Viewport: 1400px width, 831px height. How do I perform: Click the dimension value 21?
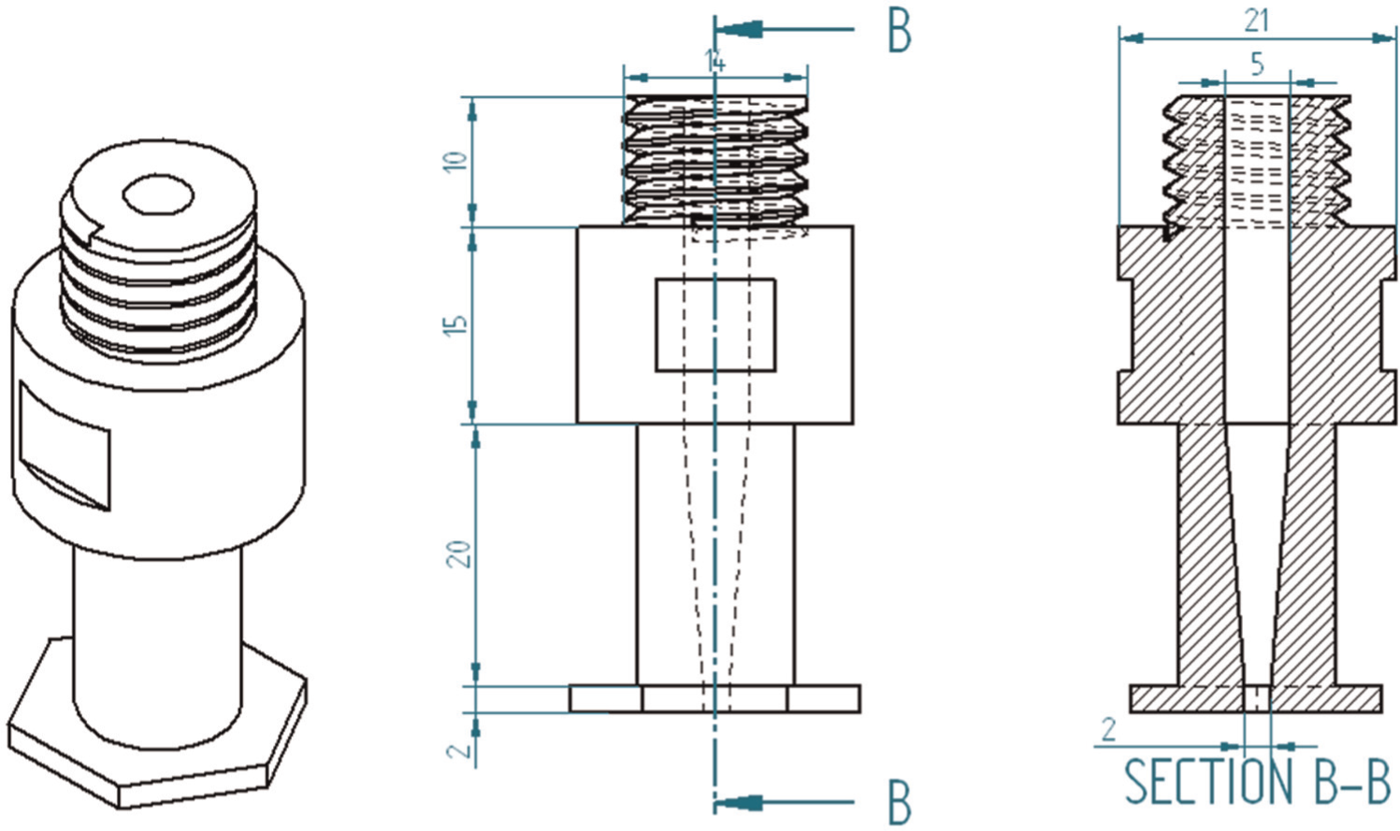[x=1256, y=21]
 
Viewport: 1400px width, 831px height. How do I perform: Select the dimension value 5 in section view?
[x=1257, y=64]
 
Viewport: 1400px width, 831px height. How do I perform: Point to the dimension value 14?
[x=715, y=62]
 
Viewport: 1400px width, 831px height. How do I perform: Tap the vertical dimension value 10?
[x=458, y=160]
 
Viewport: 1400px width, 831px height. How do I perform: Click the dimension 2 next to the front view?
[x=461, y=749]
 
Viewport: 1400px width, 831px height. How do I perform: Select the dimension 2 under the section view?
[x=1109, y=730]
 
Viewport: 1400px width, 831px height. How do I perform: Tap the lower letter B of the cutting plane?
[x=900, y=802]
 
